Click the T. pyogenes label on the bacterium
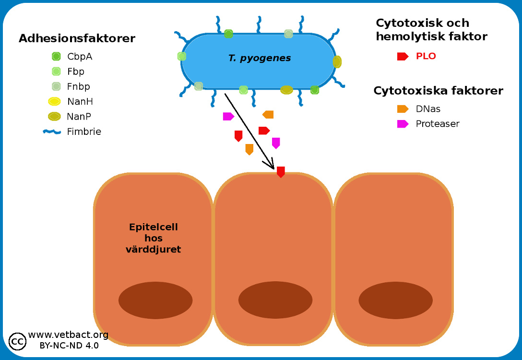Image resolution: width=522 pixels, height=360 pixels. point(260,59)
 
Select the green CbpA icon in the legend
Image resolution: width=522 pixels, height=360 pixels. point(56,57)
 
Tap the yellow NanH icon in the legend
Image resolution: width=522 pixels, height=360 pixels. point(54,101)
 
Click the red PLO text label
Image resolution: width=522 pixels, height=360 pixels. point(426,56)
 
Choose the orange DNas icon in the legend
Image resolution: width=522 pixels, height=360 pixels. point(403,109)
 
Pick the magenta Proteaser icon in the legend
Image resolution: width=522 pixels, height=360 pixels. point(403,124)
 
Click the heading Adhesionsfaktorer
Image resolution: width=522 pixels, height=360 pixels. point(77,38)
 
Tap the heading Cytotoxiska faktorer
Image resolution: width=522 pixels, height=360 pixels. point(438,91)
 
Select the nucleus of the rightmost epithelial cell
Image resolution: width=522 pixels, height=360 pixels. point(395,300)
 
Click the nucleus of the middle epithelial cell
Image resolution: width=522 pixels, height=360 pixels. point(275,300)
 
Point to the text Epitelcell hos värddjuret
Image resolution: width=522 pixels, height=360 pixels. point(154,238)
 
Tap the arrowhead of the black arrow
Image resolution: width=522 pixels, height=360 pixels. point(271,166)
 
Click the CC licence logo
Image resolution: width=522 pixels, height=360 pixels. point(18,341)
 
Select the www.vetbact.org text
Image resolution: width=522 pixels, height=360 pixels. point(68,335)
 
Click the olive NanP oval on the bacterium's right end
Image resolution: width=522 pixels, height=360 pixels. point(337,62)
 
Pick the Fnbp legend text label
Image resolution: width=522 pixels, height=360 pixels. point(79,87)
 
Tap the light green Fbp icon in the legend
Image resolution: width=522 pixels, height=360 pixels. point(56,72)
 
